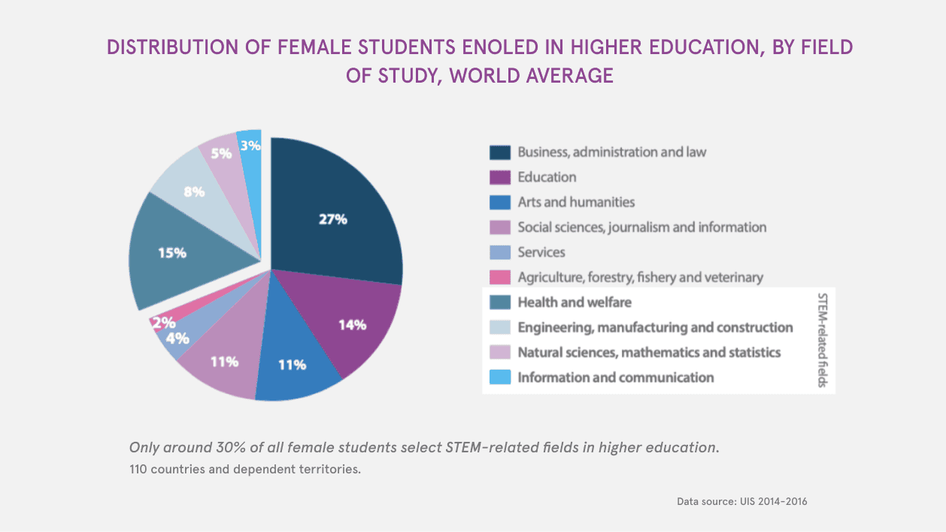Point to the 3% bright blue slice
click(x=250, y=150)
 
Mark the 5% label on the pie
click(x=220, y=153)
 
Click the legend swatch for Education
click(x=500, y=177)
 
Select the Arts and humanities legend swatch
click(x=500, y=202)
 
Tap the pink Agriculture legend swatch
click(x=500, y=277)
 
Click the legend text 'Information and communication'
click(x=615, y=377)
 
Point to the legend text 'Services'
click(x=541, y=252)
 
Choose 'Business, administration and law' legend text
click(x=611, y=152)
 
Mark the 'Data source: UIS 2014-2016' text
click(x=741, y=501)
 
